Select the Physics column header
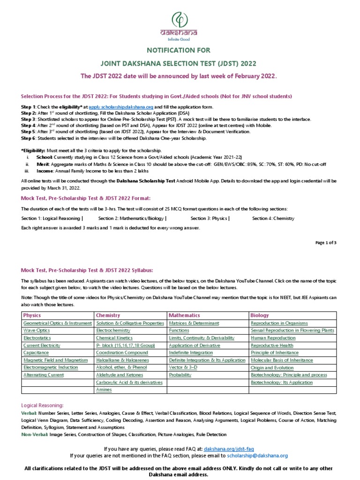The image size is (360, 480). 32,315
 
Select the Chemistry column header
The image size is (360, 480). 108,315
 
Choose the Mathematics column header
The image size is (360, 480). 184,315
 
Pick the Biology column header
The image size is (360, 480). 260,315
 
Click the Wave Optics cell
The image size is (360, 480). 37,330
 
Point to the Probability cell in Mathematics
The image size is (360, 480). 180,375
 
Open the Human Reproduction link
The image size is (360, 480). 273,338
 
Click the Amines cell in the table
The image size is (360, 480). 104,390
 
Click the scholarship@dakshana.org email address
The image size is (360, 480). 257,455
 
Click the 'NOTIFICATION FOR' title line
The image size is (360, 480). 180,50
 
